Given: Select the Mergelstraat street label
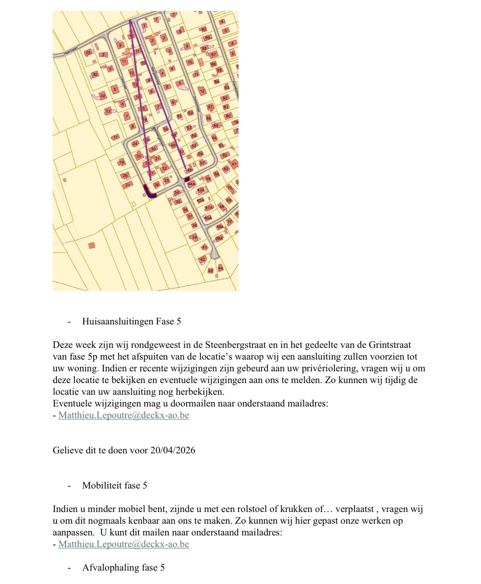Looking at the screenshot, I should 156,77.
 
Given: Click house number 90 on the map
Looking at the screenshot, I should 204,29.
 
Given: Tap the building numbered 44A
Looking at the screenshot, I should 192,183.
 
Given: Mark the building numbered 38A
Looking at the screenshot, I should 219,238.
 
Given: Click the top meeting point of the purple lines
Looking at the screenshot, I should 131,20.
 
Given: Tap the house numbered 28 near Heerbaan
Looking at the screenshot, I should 88,53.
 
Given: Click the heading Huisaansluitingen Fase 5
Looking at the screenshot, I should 131,322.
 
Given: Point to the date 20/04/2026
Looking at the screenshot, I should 172,450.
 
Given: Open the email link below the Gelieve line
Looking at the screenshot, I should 123,544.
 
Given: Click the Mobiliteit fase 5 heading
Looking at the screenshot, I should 115,486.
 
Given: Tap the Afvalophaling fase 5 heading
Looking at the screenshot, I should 123,568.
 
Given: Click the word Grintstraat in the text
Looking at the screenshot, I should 390,345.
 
